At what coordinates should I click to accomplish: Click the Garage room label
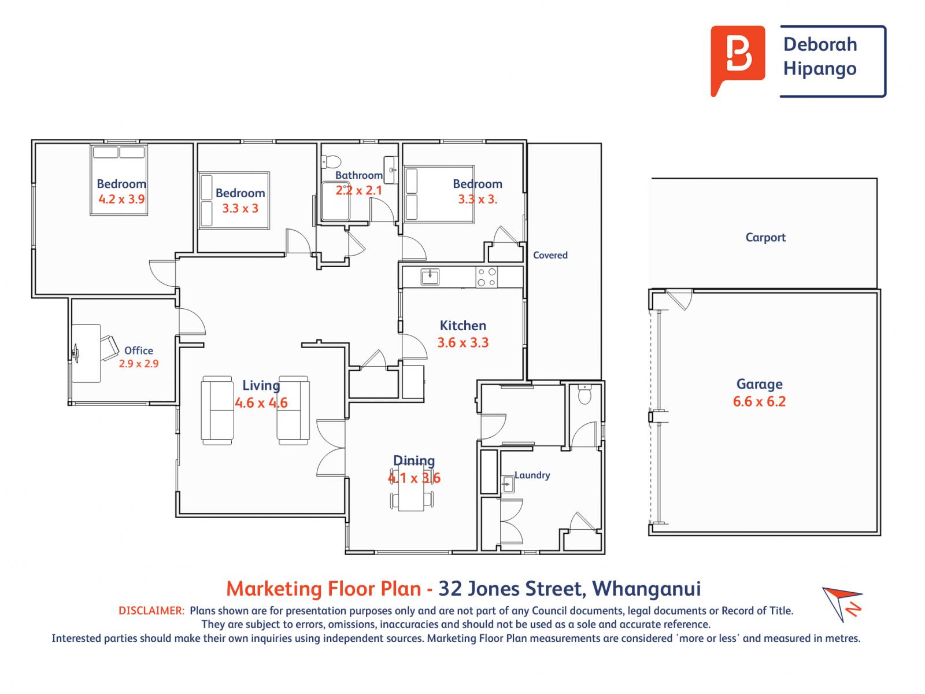point(759,385)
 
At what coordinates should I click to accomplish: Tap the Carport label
point(765,238)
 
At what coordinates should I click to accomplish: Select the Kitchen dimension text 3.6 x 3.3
point(462,342)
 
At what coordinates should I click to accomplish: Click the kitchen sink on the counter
point(430,277)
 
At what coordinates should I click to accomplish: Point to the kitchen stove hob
point(486,277)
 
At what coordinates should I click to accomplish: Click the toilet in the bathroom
point(331,161)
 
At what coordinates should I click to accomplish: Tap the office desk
point(86,353)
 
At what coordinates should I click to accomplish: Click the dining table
point(411,487)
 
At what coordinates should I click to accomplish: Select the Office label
point(139,350)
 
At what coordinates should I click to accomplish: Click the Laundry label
point(532,475)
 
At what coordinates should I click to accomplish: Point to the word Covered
point(550,255)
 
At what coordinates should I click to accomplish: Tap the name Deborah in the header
point(820,45)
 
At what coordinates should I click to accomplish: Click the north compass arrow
point(842,603)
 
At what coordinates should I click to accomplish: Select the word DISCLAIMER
point(151,611)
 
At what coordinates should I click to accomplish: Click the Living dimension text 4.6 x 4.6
point(261,403)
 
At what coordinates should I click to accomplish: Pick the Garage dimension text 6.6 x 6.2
point(759,401)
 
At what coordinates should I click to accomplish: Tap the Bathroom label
point(359,175)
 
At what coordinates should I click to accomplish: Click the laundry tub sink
point(508,484)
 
